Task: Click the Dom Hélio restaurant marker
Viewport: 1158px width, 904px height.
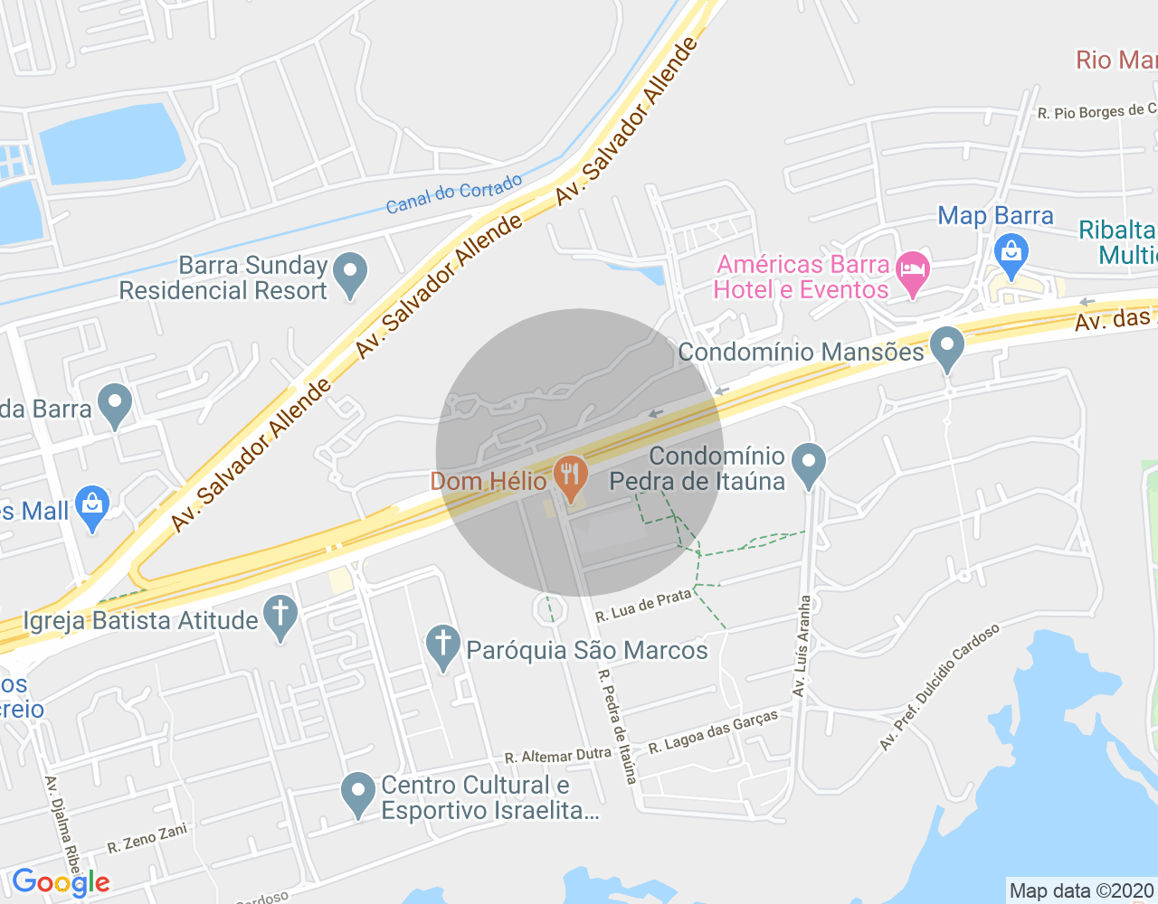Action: click(x=570, y=476)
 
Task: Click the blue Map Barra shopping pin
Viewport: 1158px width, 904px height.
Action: click(x=1011, y=254)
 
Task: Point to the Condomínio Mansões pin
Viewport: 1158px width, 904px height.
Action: click(x=947, y=347)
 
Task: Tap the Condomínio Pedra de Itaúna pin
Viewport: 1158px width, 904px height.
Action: click(x=809, y=464)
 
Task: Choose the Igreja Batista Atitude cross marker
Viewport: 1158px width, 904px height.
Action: click(x=280, y=617)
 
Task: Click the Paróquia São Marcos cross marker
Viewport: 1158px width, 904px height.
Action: click(x=442, y=646)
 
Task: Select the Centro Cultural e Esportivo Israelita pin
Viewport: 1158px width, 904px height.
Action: click(x=358, y=793)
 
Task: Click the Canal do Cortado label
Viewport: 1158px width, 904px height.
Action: click(x=454, y=193)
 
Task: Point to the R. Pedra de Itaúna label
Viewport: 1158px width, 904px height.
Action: click(x=618, y=726)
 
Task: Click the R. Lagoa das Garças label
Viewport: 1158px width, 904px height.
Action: click(x=713, y=732)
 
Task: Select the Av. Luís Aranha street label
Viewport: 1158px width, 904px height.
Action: click(x=802, y=645)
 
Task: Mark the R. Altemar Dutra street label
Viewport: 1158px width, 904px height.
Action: click(x=557, y=755)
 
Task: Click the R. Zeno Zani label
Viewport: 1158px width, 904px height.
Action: click(x=147, y=839)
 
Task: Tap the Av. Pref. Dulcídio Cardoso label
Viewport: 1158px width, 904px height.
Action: click(x=940, y=687)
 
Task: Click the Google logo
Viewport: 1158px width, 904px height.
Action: click(x=61, y=882)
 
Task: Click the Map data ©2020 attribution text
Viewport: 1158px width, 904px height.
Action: click(x=1082, y=890)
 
